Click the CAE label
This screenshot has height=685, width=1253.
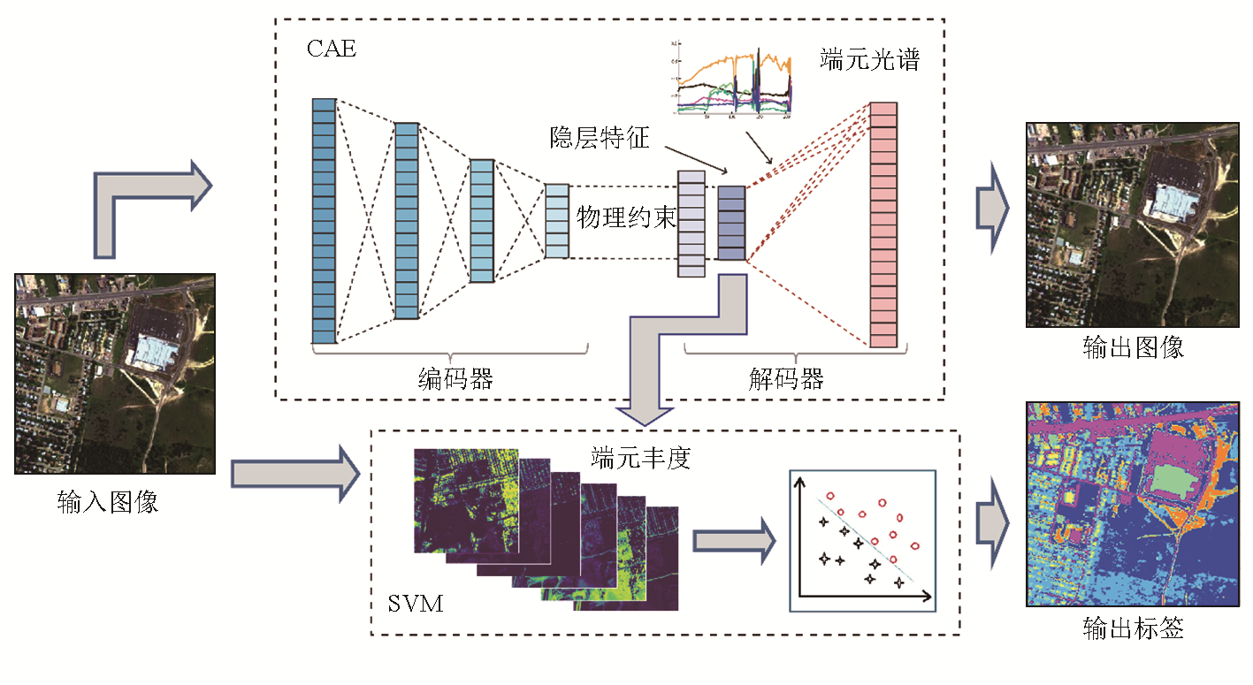332,48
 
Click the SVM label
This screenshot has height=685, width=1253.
416,605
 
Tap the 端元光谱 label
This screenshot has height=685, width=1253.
870,60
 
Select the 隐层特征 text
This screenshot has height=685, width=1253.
600,139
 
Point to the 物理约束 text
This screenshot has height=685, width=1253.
626,218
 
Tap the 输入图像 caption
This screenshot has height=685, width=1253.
108,503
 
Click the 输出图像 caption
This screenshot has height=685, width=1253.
1133,347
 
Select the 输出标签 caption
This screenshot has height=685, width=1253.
1133,628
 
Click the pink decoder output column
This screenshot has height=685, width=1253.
883,225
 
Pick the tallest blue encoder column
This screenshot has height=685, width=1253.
325,221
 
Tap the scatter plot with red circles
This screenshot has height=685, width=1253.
861,540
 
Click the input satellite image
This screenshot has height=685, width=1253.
114,374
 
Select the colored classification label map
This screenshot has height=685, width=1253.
1132,504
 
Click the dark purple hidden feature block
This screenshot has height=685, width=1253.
731,224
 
